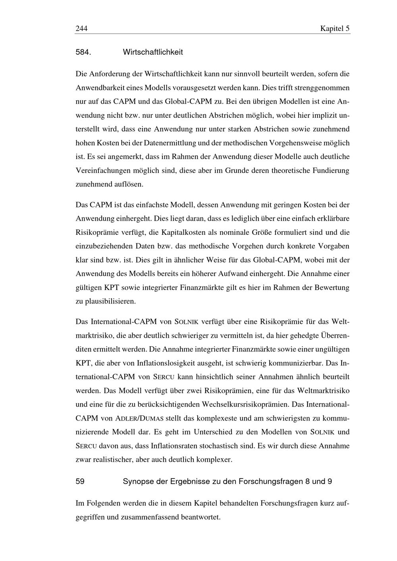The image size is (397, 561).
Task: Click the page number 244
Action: (81, 29)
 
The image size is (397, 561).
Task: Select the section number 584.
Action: (84, 52)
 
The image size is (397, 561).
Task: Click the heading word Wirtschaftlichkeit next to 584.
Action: (153, 52)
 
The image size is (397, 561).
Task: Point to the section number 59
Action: (80, 481)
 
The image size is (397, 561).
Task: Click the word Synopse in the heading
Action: (137, 481)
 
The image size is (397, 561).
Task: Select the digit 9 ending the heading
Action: (330, 481)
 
